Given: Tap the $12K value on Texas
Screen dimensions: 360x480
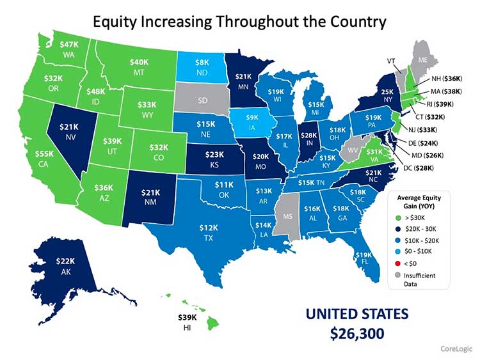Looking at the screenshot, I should [x=205, y=228].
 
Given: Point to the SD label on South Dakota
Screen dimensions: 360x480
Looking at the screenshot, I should [x=202, y=101].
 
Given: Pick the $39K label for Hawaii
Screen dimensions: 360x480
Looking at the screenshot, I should [x=186, y=318].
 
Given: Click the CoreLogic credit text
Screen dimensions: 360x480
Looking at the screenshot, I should [x=456, y=348].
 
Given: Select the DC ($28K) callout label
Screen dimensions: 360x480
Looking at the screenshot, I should [x=419, y=168].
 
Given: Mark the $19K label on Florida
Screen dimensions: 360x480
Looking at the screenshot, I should [x=363, y=255].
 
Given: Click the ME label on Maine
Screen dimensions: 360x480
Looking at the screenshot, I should [x=422, y=59].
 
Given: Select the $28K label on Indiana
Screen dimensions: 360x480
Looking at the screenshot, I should [x=308, y=136].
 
